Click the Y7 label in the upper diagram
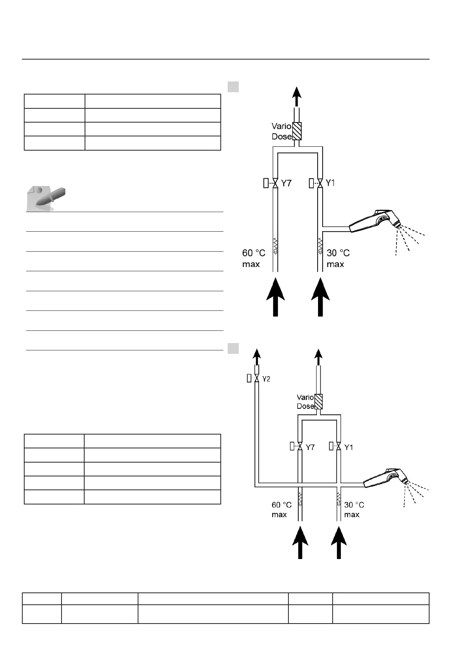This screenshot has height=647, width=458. click(x=286, y=183)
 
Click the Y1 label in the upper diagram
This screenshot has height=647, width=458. click(x=330, y=183)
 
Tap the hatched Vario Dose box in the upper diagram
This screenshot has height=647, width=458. click(x=296, y=131)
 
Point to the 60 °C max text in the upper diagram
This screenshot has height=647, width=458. click(x=253, y=258)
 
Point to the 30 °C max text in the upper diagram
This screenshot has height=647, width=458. click(x=338, y=258)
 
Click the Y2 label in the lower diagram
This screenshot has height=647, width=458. click(x=266, y=379)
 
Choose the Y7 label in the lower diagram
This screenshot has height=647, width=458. click(x=310, y=447)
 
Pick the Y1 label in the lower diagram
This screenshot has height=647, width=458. click(x=348, y=447)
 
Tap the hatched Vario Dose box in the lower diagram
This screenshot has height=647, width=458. click(x=318, y=401)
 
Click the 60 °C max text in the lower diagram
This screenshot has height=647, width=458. click(x=281, y=509)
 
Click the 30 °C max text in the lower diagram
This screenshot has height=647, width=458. click(x=354, y=509)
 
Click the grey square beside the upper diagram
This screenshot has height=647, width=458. click(x=233, y=86)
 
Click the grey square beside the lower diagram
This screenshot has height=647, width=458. click(x=233, y=348)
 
